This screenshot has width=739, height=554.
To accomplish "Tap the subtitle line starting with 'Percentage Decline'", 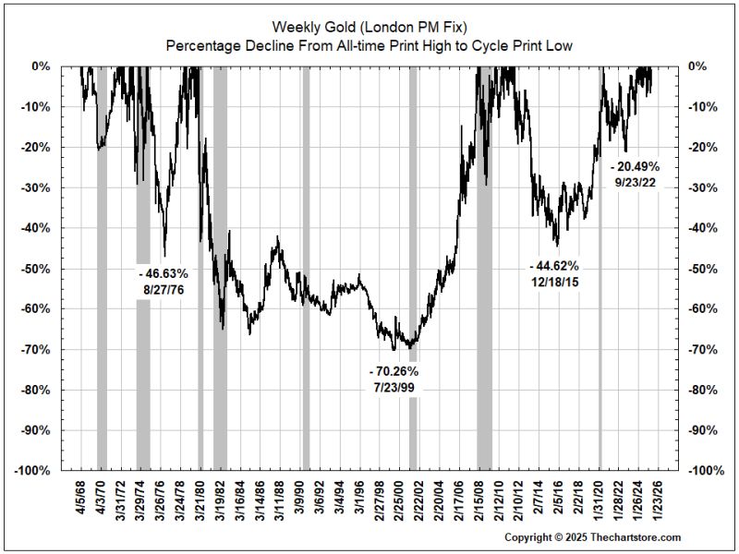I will [369, 44].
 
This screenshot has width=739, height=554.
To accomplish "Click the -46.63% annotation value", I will [164, 273].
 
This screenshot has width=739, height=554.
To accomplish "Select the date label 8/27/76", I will [164, 290].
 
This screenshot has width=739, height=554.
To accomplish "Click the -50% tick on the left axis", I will [39, 269].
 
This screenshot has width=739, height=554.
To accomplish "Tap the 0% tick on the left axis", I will [43, 66].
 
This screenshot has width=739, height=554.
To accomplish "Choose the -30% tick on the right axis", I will [700, 187].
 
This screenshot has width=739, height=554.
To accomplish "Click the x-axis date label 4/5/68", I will [80, 499].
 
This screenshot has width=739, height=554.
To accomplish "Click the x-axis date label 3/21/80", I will [199, 500].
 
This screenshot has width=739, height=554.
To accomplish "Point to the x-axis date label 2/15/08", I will [479, 500].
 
